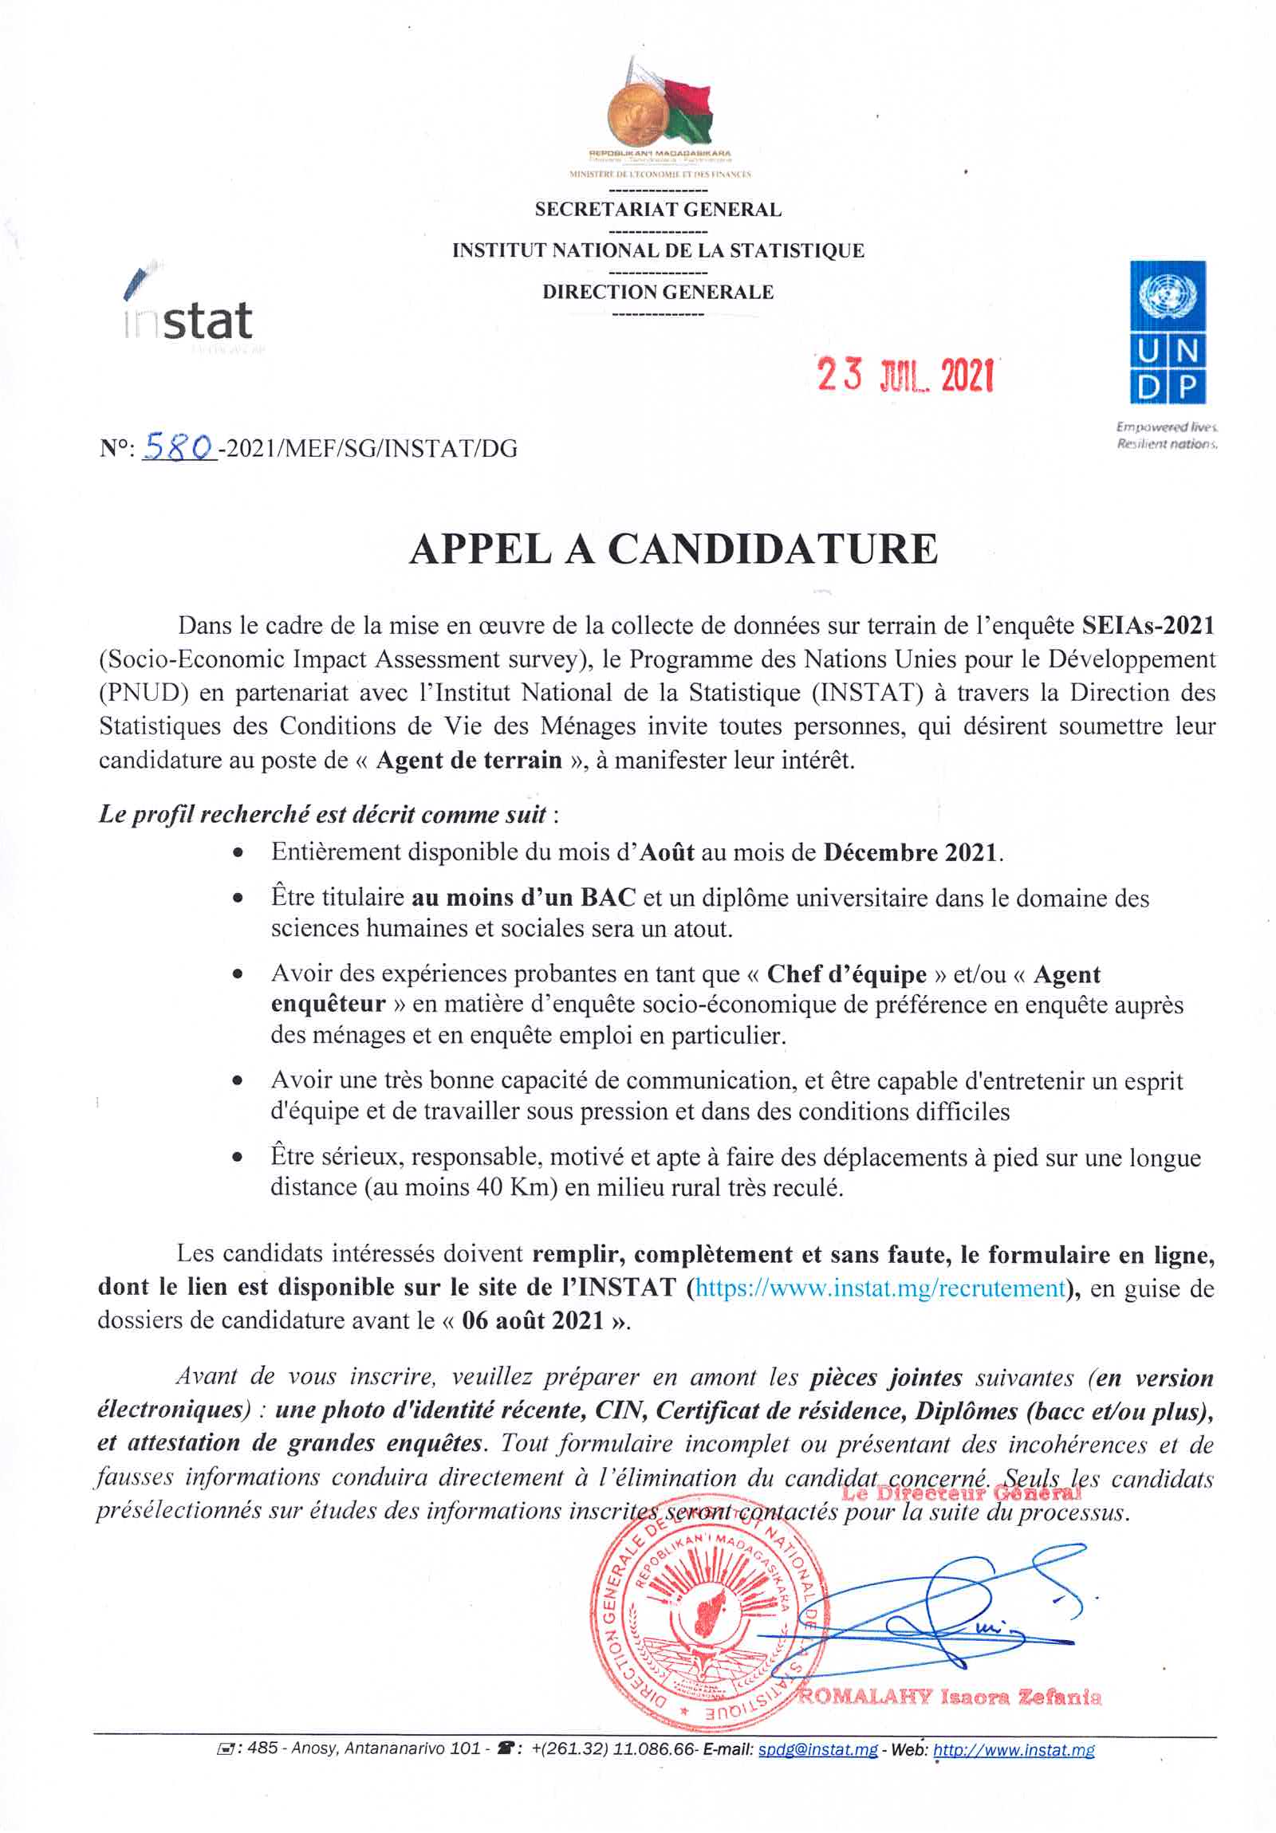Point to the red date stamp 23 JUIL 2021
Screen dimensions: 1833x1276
coord(904,375)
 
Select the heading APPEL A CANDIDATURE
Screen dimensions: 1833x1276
coord(672,550)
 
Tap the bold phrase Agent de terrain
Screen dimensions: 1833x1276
coord(469,759)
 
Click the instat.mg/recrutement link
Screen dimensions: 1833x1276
coord(880,1288)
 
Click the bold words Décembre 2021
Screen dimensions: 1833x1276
coord(909,852)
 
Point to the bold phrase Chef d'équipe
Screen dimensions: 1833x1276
coord(845,975)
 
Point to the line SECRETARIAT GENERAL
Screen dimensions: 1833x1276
coord(658,210)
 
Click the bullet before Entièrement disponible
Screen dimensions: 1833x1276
coord(237,852)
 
